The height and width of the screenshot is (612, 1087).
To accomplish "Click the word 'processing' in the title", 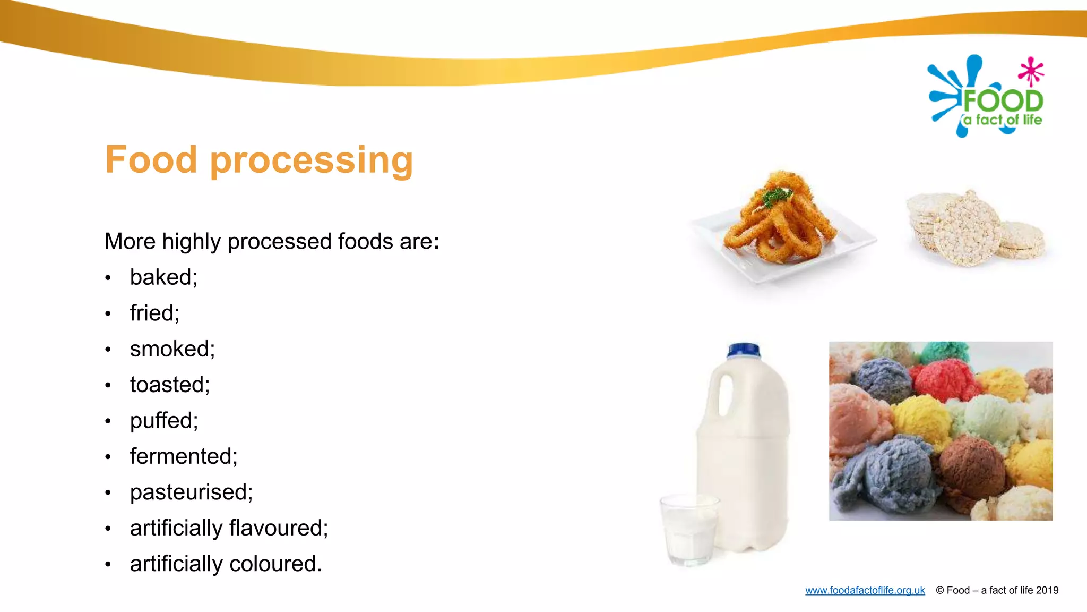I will click(x=312, y=160).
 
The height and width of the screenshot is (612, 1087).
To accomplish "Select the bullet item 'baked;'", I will click(x=163, y=277).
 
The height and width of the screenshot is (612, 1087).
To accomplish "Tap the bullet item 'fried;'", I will click(x=154, y=313).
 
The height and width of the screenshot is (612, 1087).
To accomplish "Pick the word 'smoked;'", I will click(x=172, y=349).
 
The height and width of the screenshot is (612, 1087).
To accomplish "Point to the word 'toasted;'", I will click(x=170, y=385).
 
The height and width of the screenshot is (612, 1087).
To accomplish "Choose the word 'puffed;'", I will click(x=164, y=421).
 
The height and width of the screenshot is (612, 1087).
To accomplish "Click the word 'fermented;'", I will click(x=184, y=456).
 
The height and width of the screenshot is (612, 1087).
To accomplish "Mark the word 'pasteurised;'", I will click(x=191, y=492).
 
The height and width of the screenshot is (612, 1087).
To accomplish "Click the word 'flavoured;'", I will click(x=279, y=528).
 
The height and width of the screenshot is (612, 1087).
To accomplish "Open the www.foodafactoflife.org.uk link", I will click(x=865, y=590).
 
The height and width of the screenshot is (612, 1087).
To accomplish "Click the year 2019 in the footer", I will click(x=1047, y=590).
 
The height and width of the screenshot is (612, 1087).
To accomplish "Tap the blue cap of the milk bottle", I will click(x=744, y=351).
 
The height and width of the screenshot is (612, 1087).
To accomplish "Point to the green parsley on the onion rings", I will click(x=777, y=197).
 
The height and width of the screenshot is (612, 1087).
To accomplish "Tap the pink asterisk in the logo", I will click(x=1031, y=71).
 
